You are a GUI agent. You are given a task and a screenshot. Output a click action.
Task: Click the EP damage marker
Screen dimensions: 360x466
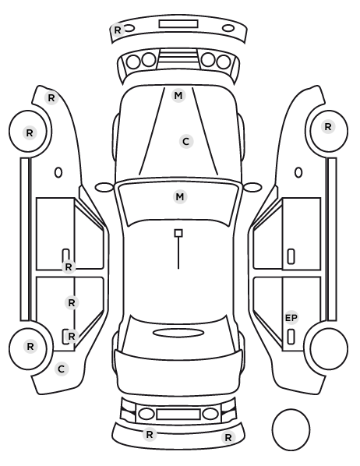291,318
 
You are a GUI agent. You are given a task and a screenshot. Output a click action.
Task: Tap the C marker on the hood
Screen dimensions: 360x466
186,142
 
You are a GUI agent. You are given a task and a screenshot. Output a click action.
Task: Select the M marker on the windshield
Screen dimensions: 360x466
180,196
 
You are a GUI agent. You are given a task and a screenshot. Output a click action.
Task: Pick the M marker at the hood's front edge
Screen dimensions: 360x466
178,96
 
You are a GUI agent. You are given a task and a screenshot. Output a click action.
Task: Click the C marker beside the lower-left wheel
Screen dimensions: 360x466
62,369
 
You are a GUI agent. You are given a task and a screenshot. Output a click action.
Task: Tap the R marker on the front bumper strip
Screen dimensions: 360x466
118,30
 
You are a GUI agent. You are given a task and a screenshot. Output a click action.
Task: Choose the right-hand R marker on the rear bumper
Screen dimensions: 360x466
228,437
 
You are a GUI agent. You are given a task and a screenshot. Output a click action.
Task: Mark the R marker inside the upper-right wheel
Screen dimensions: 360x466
328,127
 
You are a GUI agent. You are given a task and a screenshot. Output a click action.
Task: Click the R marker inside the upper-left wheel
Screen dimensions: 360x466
30,132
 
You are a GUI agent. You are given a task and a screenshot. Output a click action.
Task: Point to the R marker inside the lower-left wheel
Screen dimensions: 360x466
30,346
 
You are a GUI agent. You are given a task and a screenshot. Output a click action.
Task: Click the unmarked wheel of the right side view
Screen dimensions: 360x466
329,348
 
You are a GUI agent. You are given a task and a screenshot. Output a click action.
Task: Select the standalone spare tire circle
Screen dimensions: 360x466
291,429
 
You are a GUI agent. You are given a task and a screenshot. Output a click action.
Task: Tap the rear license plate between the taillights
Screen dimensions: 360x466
178,415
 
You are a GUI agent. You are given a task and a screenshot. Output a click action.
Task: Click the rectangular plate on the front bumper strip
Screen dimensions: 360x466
178,24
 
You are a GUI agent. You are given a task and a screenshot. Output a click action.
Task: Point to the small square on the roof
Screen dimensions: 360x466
178,233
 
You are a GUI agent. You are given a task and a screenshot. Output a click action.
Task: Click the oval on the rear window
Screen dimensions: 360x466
178,333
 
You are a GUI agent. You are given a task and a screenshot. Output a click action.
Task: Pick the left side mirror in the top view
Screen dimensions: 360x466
104,187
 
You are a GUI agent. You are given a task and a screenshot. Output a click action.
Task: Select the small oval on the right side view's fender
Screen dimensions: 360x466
298,173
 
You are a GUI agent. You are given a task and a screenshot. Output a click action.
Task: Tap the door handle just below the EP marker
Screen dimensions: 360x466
291,337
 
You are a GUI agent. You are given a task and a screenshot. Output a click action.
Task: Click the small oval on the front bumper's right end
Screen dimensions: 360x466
228,29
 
